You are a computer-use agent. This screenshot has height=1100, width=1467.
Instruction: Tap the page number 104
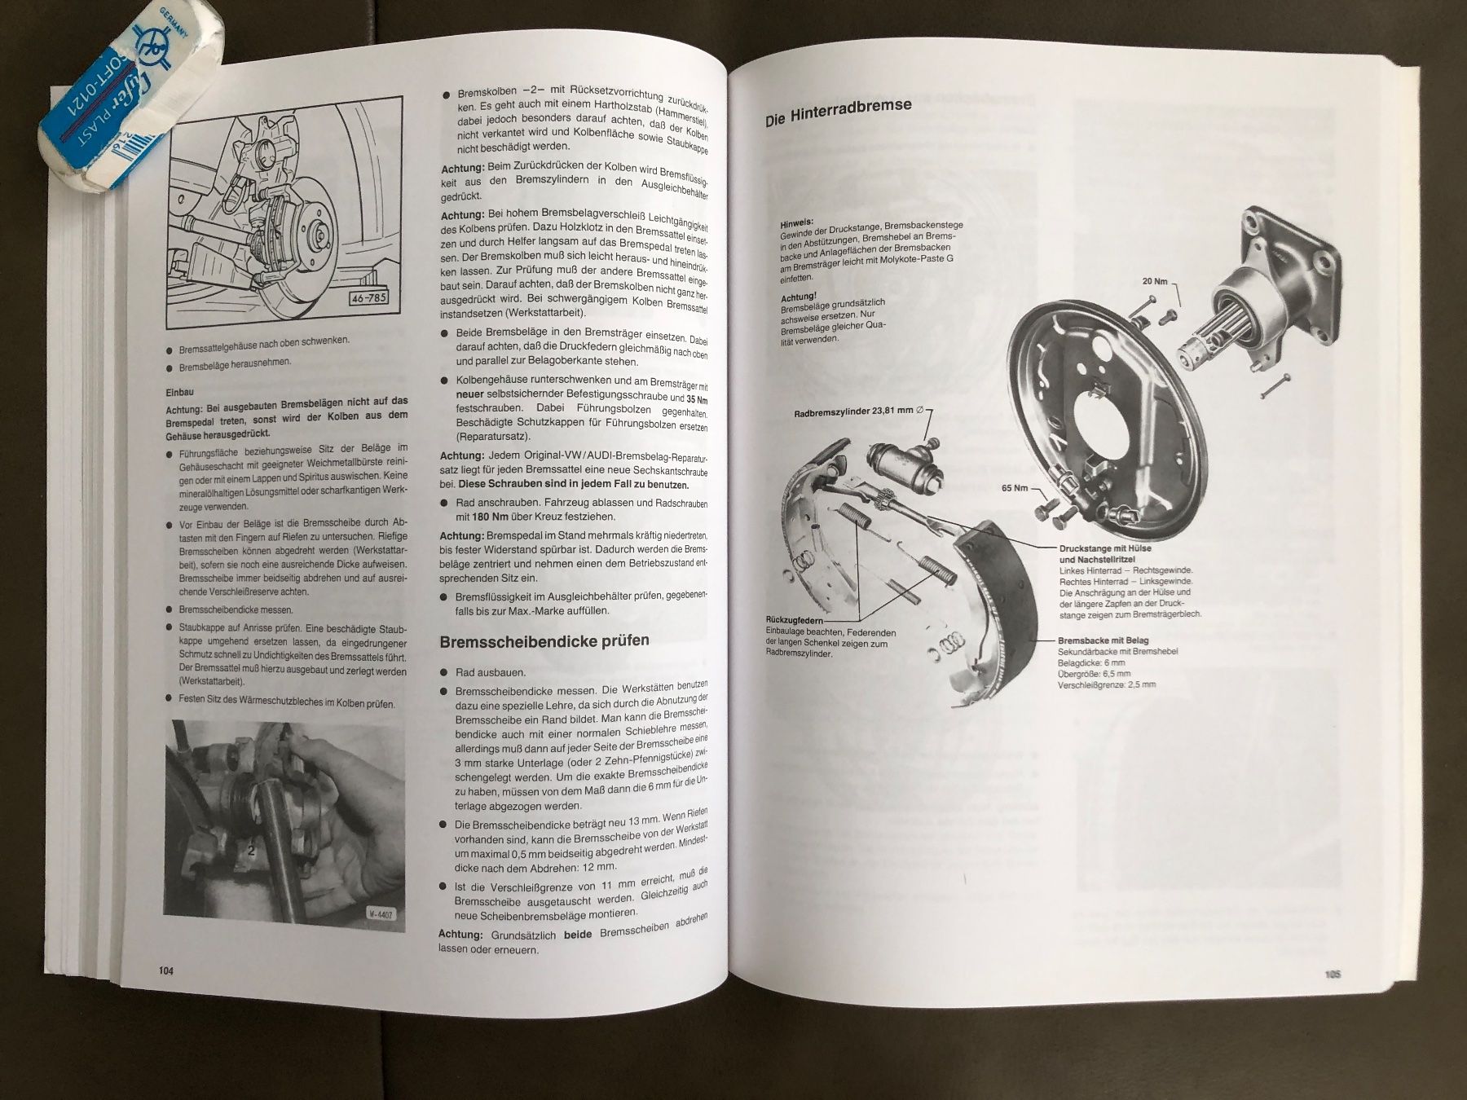[166, 970]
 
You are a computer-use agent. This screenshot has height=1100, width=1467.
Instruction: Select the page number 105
[1333, 974]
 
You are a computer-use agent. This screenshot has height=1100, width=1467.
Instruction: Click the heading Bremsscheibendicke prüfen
[544, 641]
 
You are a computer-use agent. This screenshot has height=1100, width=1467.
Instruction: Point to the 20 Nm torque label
[1155, 281]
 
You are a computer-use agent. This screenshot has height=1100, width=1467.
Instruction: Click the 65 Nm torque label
[1015, 488]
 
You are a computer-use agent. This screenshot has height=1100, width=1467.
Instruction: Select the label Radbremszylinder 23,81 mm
[853, 412]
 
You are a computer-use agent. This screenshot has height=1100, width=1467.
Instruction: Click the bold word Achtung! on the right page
[799, 298]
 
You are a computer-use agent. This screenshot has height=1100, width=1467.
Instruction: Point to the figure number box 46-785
[368, 298]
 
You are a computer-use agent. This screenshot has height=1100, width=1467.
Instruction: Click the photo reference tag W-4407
[378, 914]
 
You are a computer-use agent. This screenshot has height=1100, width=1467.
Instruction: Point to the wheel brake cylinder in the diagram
[904, 464]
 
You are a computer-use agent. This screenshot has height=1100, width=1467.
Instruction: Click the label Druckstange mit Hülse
[1105, 549]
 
